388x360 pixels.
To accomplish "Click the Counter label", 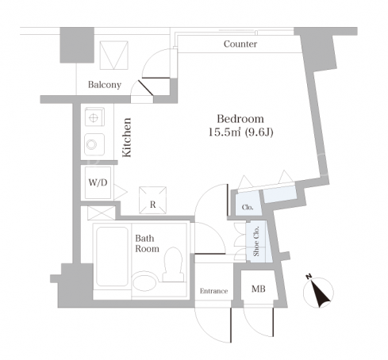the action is pos(240,44).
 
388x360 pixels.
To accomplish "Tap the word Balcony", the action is pos(105,85).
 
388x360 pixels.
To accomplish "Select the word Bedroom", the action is pos(240,119).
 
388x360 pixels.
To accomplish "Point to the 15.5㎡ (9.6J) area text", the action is pos(240,132).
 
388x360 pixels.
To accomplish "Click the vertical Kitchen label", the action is pos(127,137).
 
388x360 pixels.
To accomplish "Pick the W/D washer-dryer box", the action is pos(98,182).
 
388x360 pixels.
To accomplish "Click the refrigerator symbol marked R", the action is pos(153,200).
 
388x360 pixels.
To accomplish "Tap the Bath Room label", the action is pos(147,243).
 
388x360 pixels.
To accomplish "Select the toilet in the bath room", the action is pos(173,264).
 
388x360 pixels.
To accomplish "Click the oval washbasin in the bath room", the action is pos(144,282).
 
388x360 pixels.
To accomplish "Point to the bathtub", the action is pos(112,256).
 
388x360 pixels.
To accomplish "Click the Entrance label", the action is pos(213,291).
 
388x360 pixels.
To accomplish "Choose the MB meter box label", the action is pos(259,289).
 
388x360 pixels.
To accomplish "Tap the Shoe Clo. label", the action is pos(256,241).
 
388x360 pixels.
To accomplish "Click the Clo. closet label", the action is pos(248,207).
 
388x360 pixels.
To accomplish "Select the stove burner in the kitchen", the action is pos(94,117).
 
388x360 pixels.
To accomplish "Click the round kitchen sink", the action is pos(91,144).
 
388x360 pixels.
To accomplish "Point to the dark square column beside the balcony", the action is pos(77,45).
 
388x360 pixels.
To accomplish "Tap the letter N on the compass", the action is pos(309,277).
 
